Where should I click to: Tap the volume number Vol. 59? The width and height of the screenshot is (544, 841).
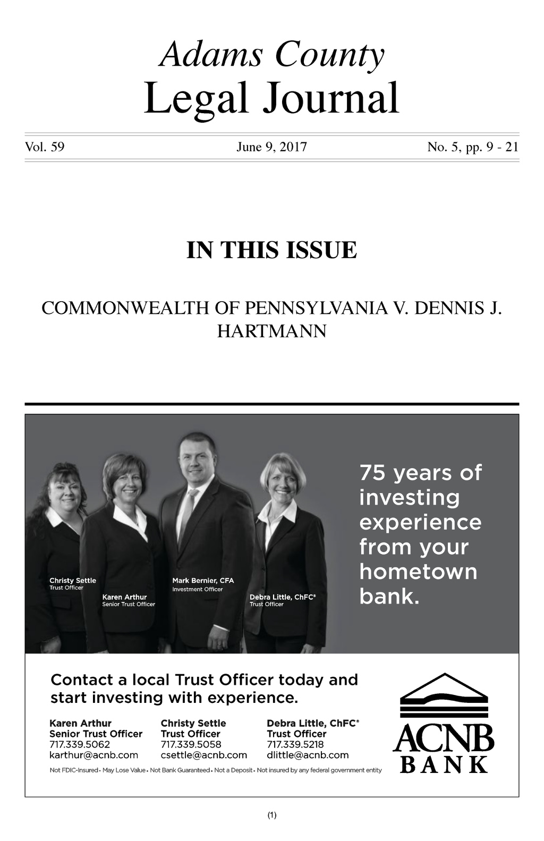pyautogui.click(x=45, y=147)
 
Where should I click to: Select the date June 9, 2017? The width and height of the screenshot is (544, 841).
pyautogui.click(x=271, y=147)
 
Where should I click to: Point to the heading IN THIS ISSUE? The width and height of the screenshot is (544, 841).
pyautogui.click(x=271, y=250)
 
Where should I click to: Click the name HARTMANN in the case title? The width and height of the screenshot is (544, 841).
pyautogui.click(x=271, y=331)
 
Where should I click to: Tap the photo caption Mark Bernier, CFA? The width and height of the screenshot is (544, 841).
pyautogui.click(x=203, y=581)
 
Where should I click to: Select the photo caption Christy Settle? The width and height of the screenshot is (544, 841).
pyautogui.click(x=73, y=581)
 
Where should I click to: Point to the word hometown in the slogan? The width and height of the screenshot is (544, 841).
pyautogui.click(x=418, y=572)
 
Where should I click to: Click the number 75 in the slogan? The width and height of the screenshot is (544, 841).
pyautogui.click(x=372, y=473)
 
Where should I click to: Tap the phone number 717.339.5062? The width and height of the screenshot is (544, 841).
pyautogui.click(x=80, y=744)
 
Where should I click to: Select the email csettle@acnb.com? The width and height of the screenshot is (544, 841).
pyautogui.click(x=204, y=755)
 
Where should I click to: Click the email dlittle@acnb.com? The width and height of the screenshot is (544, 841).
pyautogui.click(x=308, y=755)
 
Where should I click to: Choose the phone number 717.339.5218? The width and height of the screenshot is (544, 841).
pyautogui.click(x=295, y=744)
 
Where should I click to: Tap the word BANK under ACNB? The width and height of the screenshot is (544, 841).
pyautogui.click(x=443, y=764)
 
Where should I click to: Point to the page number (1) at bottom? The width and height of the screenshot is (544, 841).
pyautogui.click(x=272, y=815)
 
